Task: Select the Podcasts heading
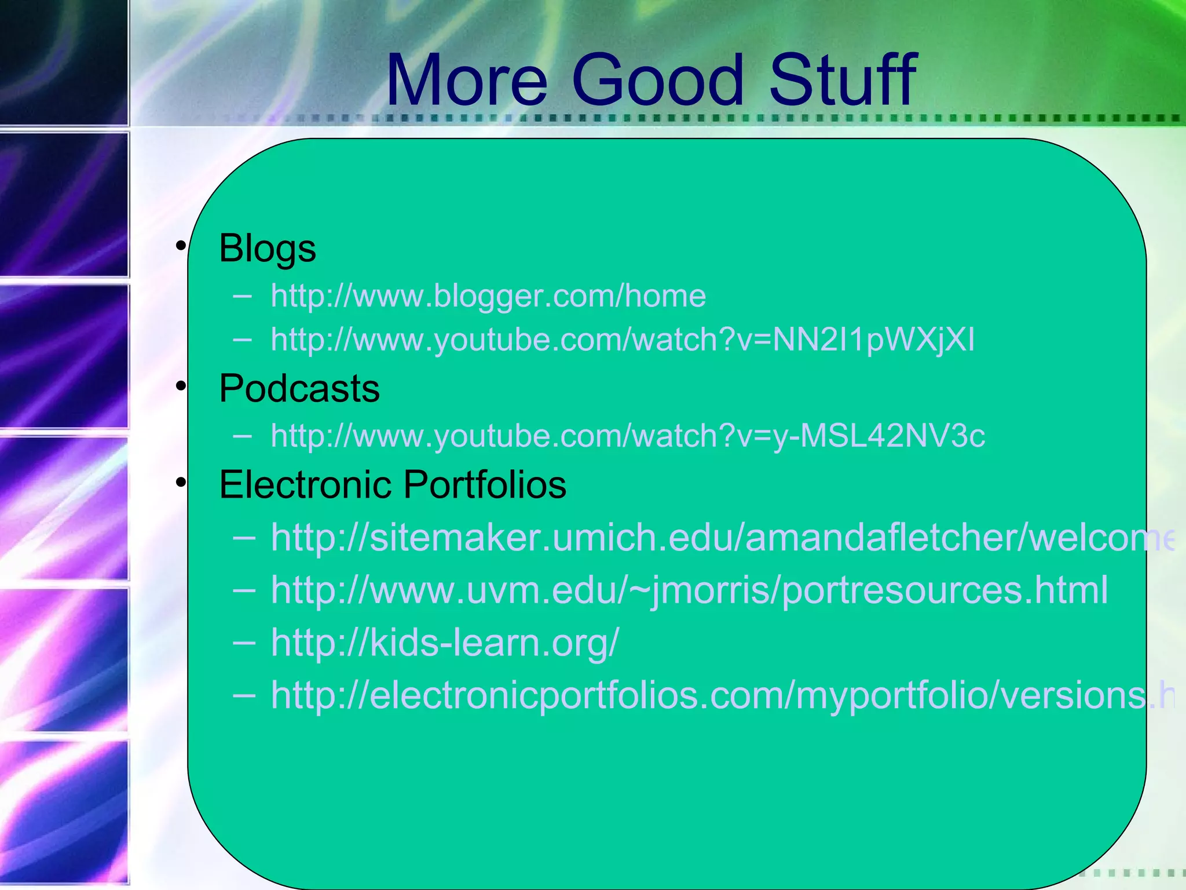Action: pos(299,388)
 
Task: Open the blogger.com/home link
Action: pos(488,296)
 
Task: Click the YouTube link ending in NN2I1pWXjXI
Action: pos(623,340)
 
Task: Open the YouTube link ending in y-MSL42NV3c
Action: pos(628,436)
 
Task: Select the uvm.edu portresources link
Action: pos(689,590)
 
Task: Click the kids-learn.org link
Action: pos(445,643)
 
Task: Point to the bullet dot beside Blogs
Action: pos(181,247)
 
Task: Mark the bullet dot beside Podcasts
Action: pos(181,386)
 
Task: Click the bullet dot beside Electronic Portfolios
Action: pos(181,482)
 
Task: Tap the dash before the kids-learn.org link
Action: pos(244,642)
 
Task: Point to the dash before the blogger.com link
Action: pos(243,297)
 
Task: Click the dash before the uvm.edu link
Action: pos(244,590)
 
